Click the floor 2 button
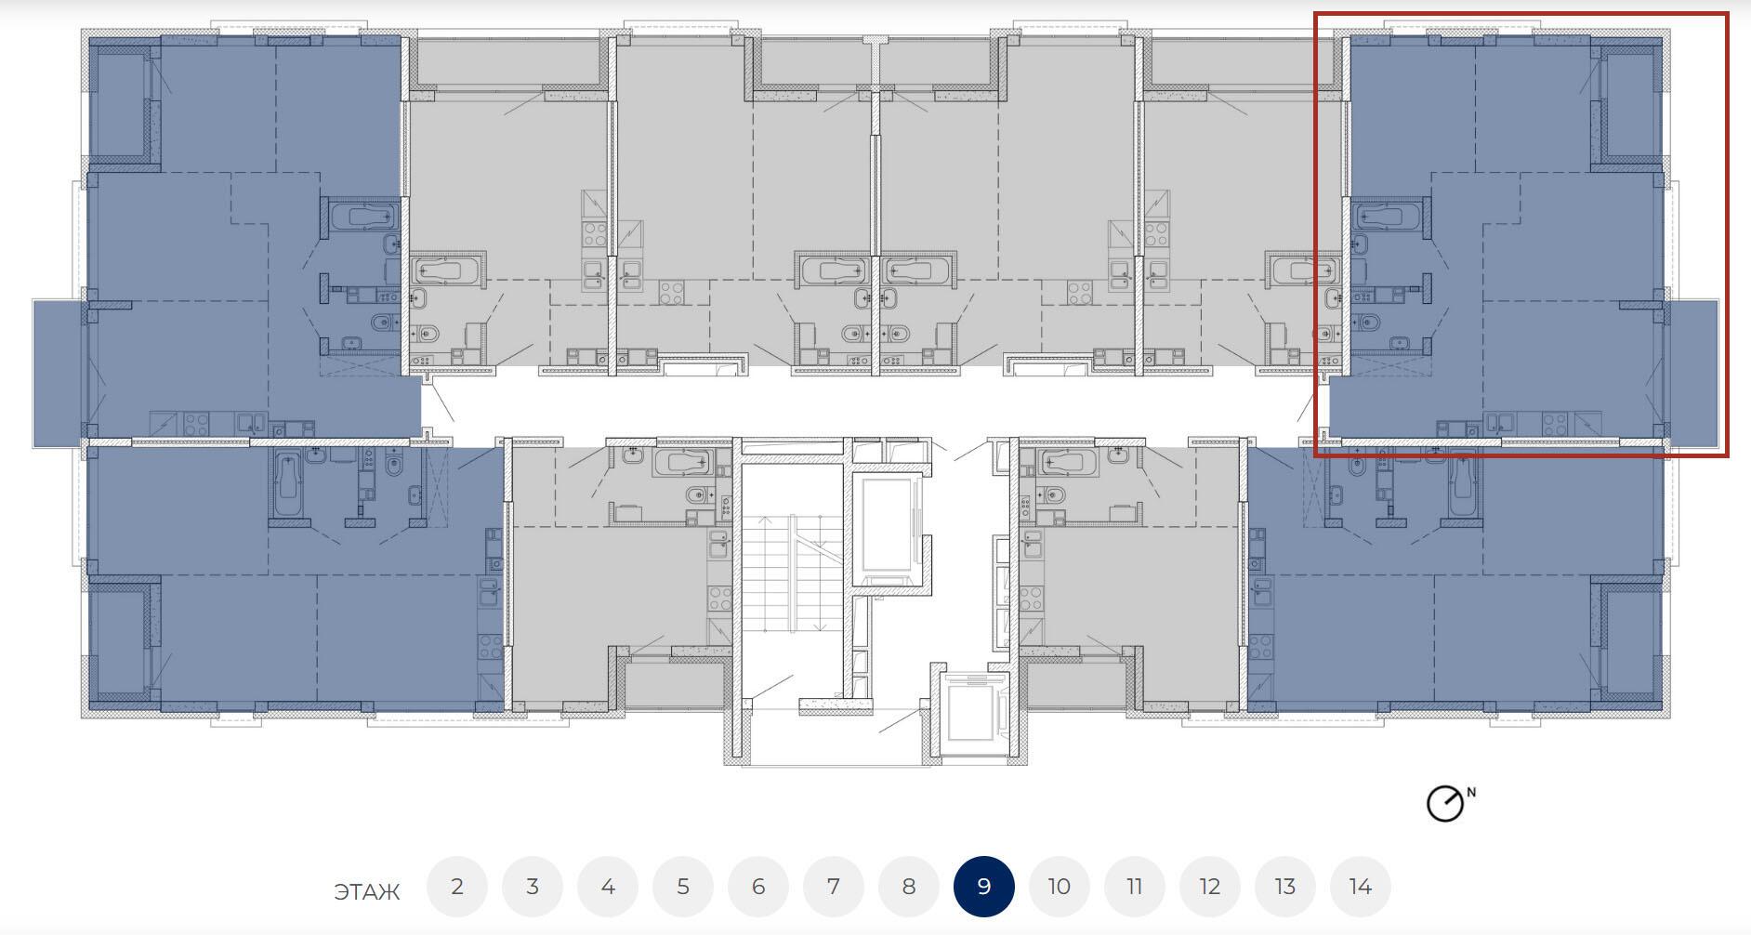pos(456,887)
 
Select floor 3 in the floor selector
pos(532,887)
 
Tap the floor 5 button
pos(682,887)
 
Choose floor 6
pos(757,887)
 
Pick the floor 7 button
pos(833,887)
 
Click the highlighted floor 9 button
pos(983,887)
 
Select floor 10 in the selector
pos(1059,887)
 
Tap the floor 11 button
pos(1134,887)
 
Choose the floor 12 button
pos(1209,887)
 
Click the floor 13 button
pos(1284,887)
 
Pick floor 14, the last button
pos(1360,887)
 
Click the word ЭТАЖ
pos(366,892)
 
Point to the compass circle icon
pos(1444,804)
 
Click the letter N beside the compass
pos(1471,793)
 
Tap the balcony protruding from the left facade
pos(59,373)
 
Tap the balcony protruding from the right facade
pos(1692,373)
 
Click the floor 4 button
pos(607,887)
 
